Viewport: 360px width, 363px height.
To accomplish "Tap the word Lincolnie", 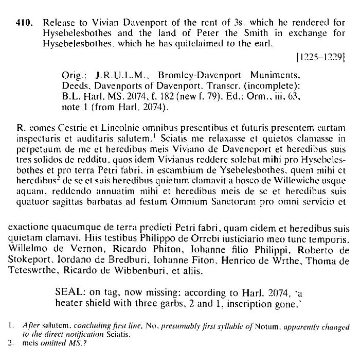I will click(x=106, y=128).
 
